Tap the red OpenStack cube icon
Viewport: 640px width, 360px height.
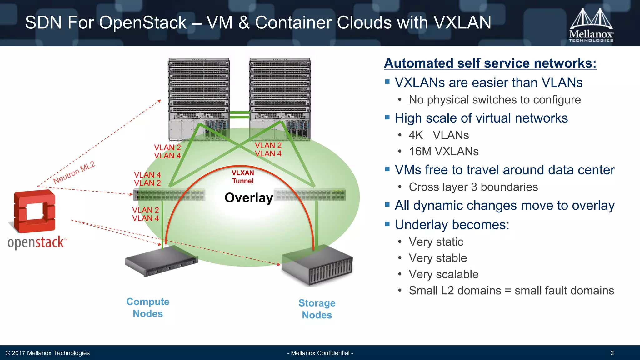click(x=35, y=212)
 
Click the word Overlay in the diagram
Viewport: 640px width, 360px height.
click(x=249, y=198)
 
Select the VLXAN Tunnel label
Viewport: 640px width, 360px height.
click(x=243, y=177)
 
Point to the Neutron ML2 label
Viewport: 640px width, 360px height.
click(x=74, y=172)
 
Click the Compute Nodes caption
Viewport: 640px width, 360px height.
click(x=148, y=307)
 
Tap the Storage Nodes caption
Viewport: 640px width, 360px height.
click(x=317, y=309)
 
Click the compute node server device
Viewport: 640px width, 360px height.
click(x=162, y=261)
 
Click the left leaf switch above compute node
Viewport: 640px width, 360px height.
click(x=169, y=195)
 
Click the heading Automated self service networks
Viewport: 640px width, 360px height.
click(x=490, y=63)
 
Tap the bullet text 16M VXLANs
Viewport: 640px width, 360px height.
click(x=444, y=152)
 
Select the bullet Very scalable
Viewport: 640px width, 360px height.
click(x=444, y=274)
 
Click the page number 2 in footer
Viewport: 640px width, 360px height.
click(x=612, y=353)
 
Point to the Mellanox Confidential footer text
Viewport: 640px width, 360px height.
click(x=320, y=353)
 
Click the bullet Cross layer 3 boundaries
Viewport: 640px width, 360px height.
click(x=473, y=187)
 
